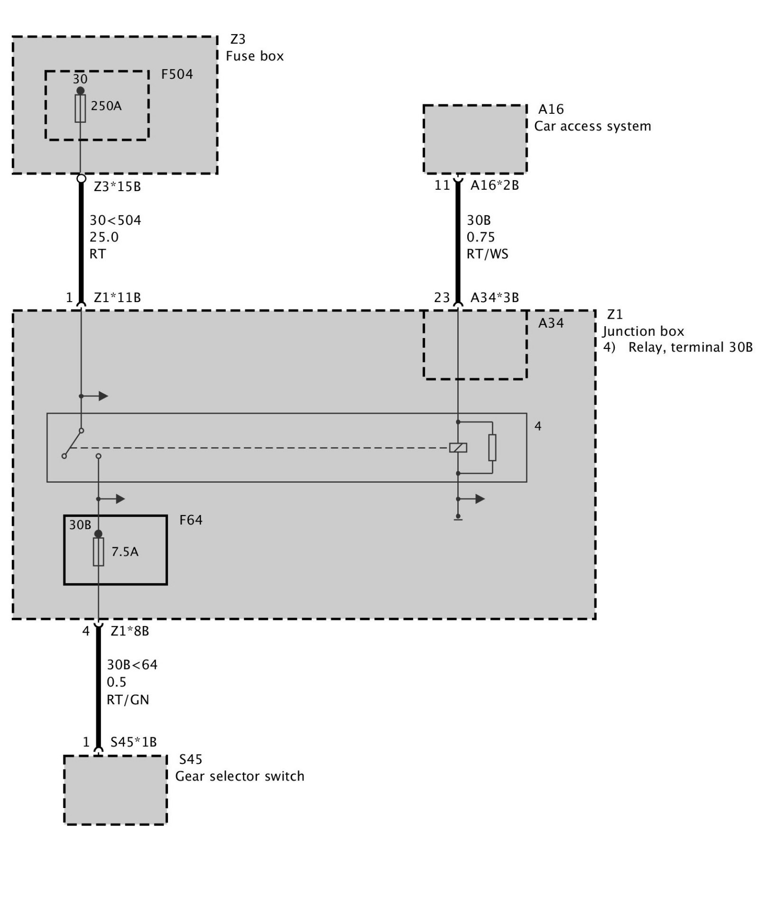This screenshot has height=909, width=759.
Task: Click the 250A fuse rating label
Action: point(106,106)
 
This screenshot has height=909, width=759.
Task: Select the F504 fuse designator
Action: point(177,74)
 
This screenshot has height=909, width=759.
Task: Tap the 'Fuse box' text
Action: point(255,56)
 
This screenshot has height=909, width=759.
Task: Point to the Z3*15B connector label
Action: point(117,187)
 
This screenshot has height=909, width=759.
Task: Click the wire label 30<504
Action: point(115,220)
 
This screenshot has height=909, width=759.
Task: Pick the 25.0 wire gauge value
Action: point(104,237)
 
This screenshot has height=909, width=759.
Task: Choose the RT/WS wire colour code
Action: point(487,254)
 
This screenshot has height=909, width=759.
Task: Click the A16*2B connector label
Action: point(494,185)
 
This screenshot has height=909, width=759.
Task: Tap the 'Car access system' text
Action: point(592,127)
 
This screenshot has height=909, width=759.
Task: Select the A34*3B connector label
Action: point(494,298)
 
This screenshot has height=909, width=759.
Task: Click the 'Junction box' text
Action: point(643,331)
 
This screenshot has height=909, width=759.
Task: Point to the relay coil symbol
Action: point(458,448)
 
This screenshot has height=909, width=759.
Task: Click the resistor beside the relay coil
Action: point(492,448)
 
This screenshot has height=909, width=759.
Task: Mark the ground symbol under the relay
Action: point(458,517)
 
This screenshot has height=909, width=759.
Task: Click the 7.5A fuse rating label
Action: point(125,552)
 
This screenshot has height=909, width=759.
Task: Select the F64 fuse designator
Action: point(191,520)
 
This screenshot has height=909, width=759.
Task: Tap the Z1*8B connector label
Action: point(130,631)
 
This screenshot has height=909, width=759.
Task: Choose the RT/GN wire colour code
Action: point(128,700)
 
